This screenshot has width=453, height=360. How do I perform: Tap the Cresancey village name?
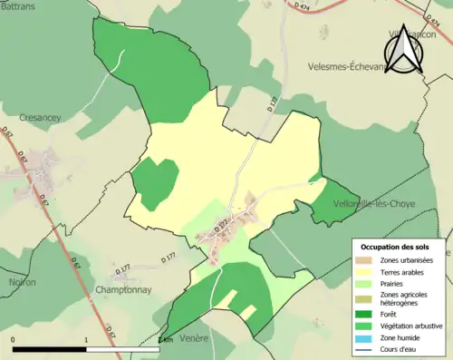click(41, 118)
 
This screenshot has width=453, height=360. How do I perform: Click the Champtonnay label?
click(122, 290)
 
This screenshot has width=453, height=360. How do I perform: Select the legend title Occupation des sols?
click(396, 246)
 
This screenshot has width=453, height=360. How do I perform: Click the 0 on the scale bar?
click(13, 340)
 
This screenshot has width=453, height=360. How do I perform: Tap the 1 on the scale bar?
click(86, 340)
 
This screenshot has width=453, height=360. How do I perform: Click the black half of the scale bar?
click(50, 349)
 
